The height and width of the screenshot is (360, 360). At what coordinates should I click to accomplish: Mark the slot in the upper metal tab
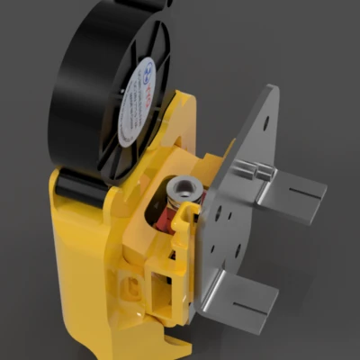point(297,203)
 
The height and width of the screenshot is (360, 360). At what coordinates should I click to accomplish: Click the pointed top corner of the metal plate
point(272,89)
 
